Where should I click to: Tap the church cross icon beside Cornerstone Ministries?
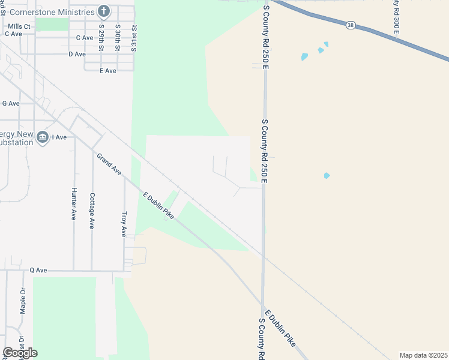[104, 11]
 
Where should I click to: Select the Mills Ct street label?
[19, 26]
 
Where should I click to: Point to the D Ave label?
[77, 54]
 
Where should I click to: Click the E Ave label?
[108, 71]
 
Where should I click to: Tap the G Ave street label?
[11, 103]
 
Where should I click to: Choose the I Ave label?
[59, 137]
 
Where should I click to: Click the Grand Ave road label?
[109, 164]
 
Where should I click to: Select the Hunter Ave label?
[74, 204]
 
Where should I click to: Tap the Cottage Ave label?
[92, 210]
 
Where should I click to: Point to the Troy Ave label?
[124, 224]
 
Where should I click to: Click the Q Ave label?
[38, 271]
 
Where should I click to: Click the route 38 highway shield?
[350, 25]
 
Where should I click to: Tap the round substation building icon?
[43, 137]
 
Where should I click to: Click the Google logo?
[20, 352]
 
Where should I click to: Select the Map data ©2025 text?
[423, 355]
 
